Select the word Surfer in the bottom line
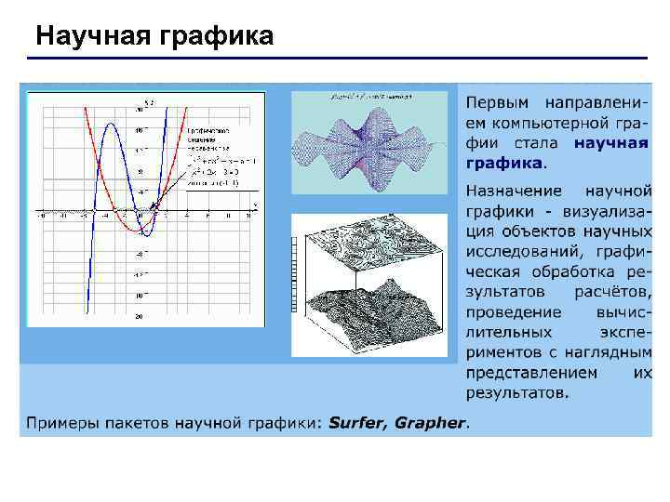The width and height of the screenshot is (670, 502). pos(357,423)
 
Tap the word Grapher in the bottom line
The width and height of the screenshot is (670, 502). pos(429,423)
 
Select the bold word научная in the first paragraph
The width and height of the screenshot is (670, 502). pos(611,143)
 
